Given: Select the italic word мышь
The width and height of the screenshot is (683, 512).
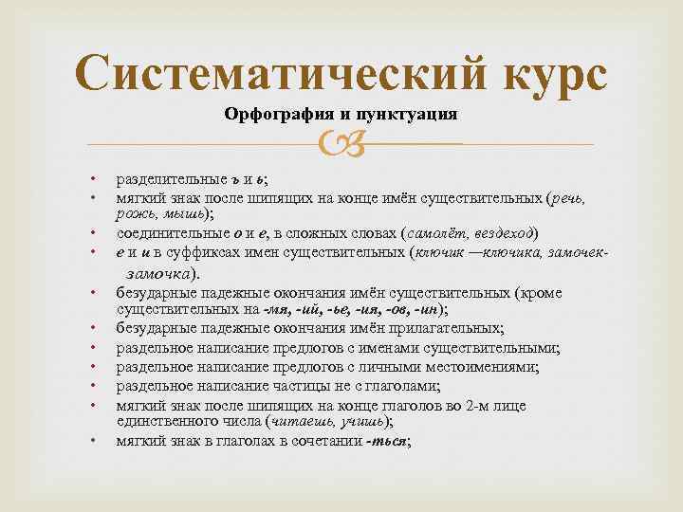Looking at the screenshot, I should click(181, 214).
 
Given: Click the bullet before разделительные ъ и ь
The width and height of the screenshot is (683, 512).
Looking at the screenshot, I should click(92, 178).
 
